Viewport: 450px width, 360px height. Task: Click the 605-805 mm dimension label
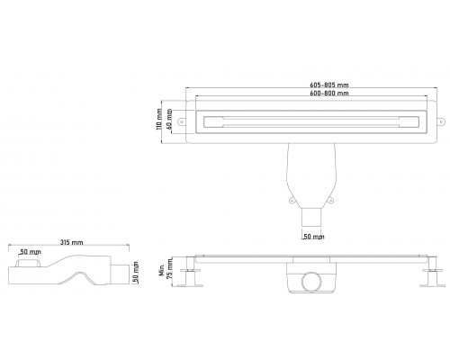point(329,85)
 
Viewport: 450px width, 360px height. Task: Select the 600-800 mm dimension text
point(329,93)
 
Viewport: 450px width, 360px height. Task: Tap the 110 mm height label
point(159,119)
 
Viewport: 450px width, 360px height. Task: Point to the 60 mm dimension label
point(169,119)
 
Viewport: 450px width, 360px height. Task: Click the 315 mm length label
point(71,242)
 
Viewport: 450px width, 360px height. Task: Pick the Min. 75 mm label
point(166,270)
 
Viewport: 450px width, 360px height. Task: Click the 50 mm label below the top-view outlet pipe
point(313,237)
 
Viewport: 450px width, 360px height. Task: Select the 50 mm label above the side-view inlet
point(30,252)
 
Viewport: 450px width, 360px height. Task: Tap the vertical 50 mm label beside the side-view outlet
point(135,273)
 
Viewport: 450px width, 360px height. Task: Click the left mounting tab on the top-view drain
point(182,121)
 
